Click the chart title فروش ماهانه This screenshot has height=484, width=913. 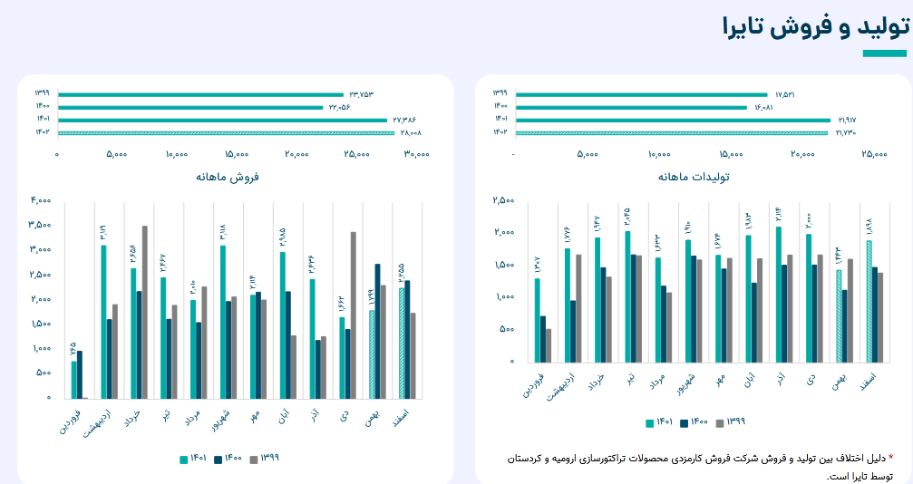coord(227,177)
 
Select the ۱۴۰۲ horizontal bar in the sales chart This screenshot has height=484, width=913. coord(226,132)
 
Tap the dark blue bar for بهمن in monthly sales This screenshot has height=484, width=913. coord(378,331)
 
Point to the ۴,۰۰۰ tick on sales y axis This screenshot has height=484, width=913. coord(40,200)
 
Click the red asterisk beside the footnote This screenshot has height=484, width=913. coord(889,458)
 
